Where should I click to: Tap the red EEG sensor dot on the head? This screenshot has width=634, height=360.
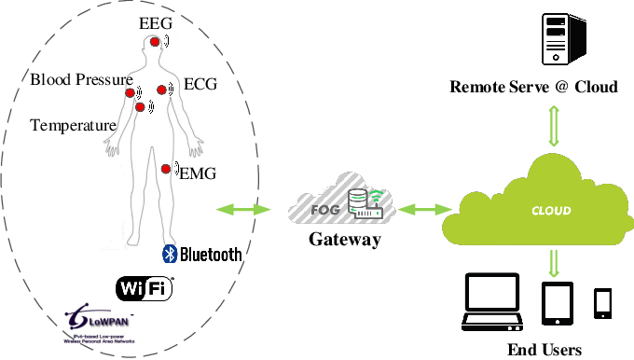tap(155, 42)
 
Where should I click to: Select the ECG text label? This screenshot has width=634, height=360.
tap(200, 84)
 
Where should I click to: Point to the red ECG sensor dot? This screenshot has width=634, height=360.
tap(161, 90)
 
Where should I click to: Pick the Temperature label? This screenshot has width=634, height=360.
tap(73, 125)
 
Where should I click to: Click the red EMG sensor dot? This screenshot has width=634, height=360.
tap(165, 169)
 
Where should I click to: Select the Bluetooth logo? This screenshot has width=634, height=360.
tap(202, 254)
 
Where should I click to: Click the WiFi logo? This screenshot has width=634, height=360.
tap(145, 288)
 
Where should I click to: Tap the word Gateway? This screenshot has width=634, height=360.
tap(345, 240)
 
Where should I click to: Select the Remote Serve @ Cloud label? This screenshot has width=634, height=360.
tap(533, 88)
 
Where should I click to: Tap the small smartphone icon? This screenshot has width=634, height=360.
tap(602, 303)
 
